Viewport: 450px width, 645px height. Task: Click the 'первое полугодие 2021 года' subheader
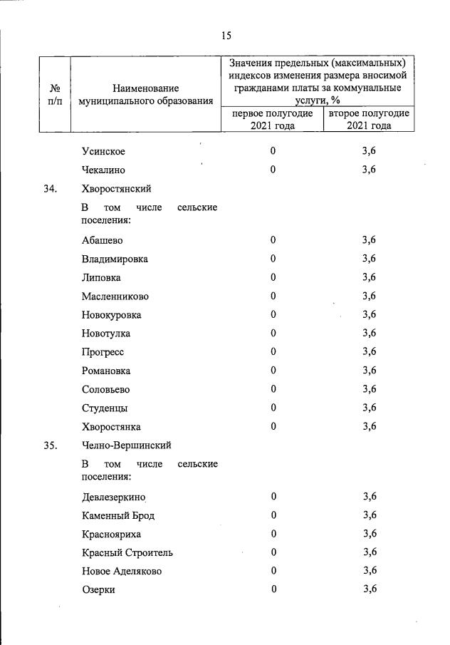272,119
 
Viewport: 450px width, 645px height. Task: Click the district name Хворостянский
116,189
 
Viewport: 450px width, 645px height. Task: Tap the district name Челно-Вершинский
126,445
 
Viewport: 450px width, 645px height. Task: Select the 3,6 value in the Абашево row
369,240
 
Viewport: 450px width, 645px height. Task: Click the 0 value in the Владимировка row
273,259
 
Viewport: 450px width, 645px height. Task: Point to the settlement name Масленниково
115,296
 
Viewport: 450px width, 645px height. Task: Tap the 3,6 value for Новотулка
369,333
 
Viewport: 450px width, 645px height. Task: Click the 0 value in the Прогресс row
273,352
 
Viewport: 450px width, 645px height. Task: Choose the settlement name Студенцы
105,408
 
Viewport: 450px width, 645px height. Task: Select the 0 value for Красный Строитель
273,552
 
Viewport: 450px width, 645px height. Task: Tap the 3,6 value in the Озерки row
369,589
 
